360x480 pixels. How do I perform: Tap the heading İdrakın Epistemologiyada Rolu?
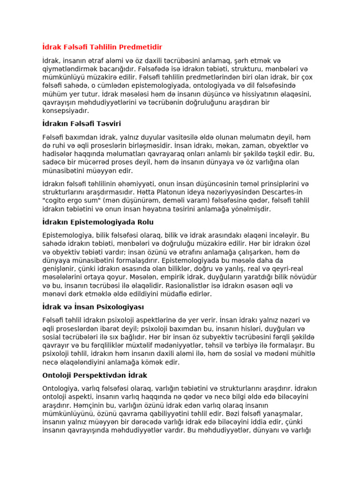point(98,222)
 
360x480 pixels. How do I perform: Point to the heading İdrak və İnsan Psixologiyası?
point(93,307)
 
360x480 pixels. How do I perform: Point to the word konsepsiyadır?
point(65,111)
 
